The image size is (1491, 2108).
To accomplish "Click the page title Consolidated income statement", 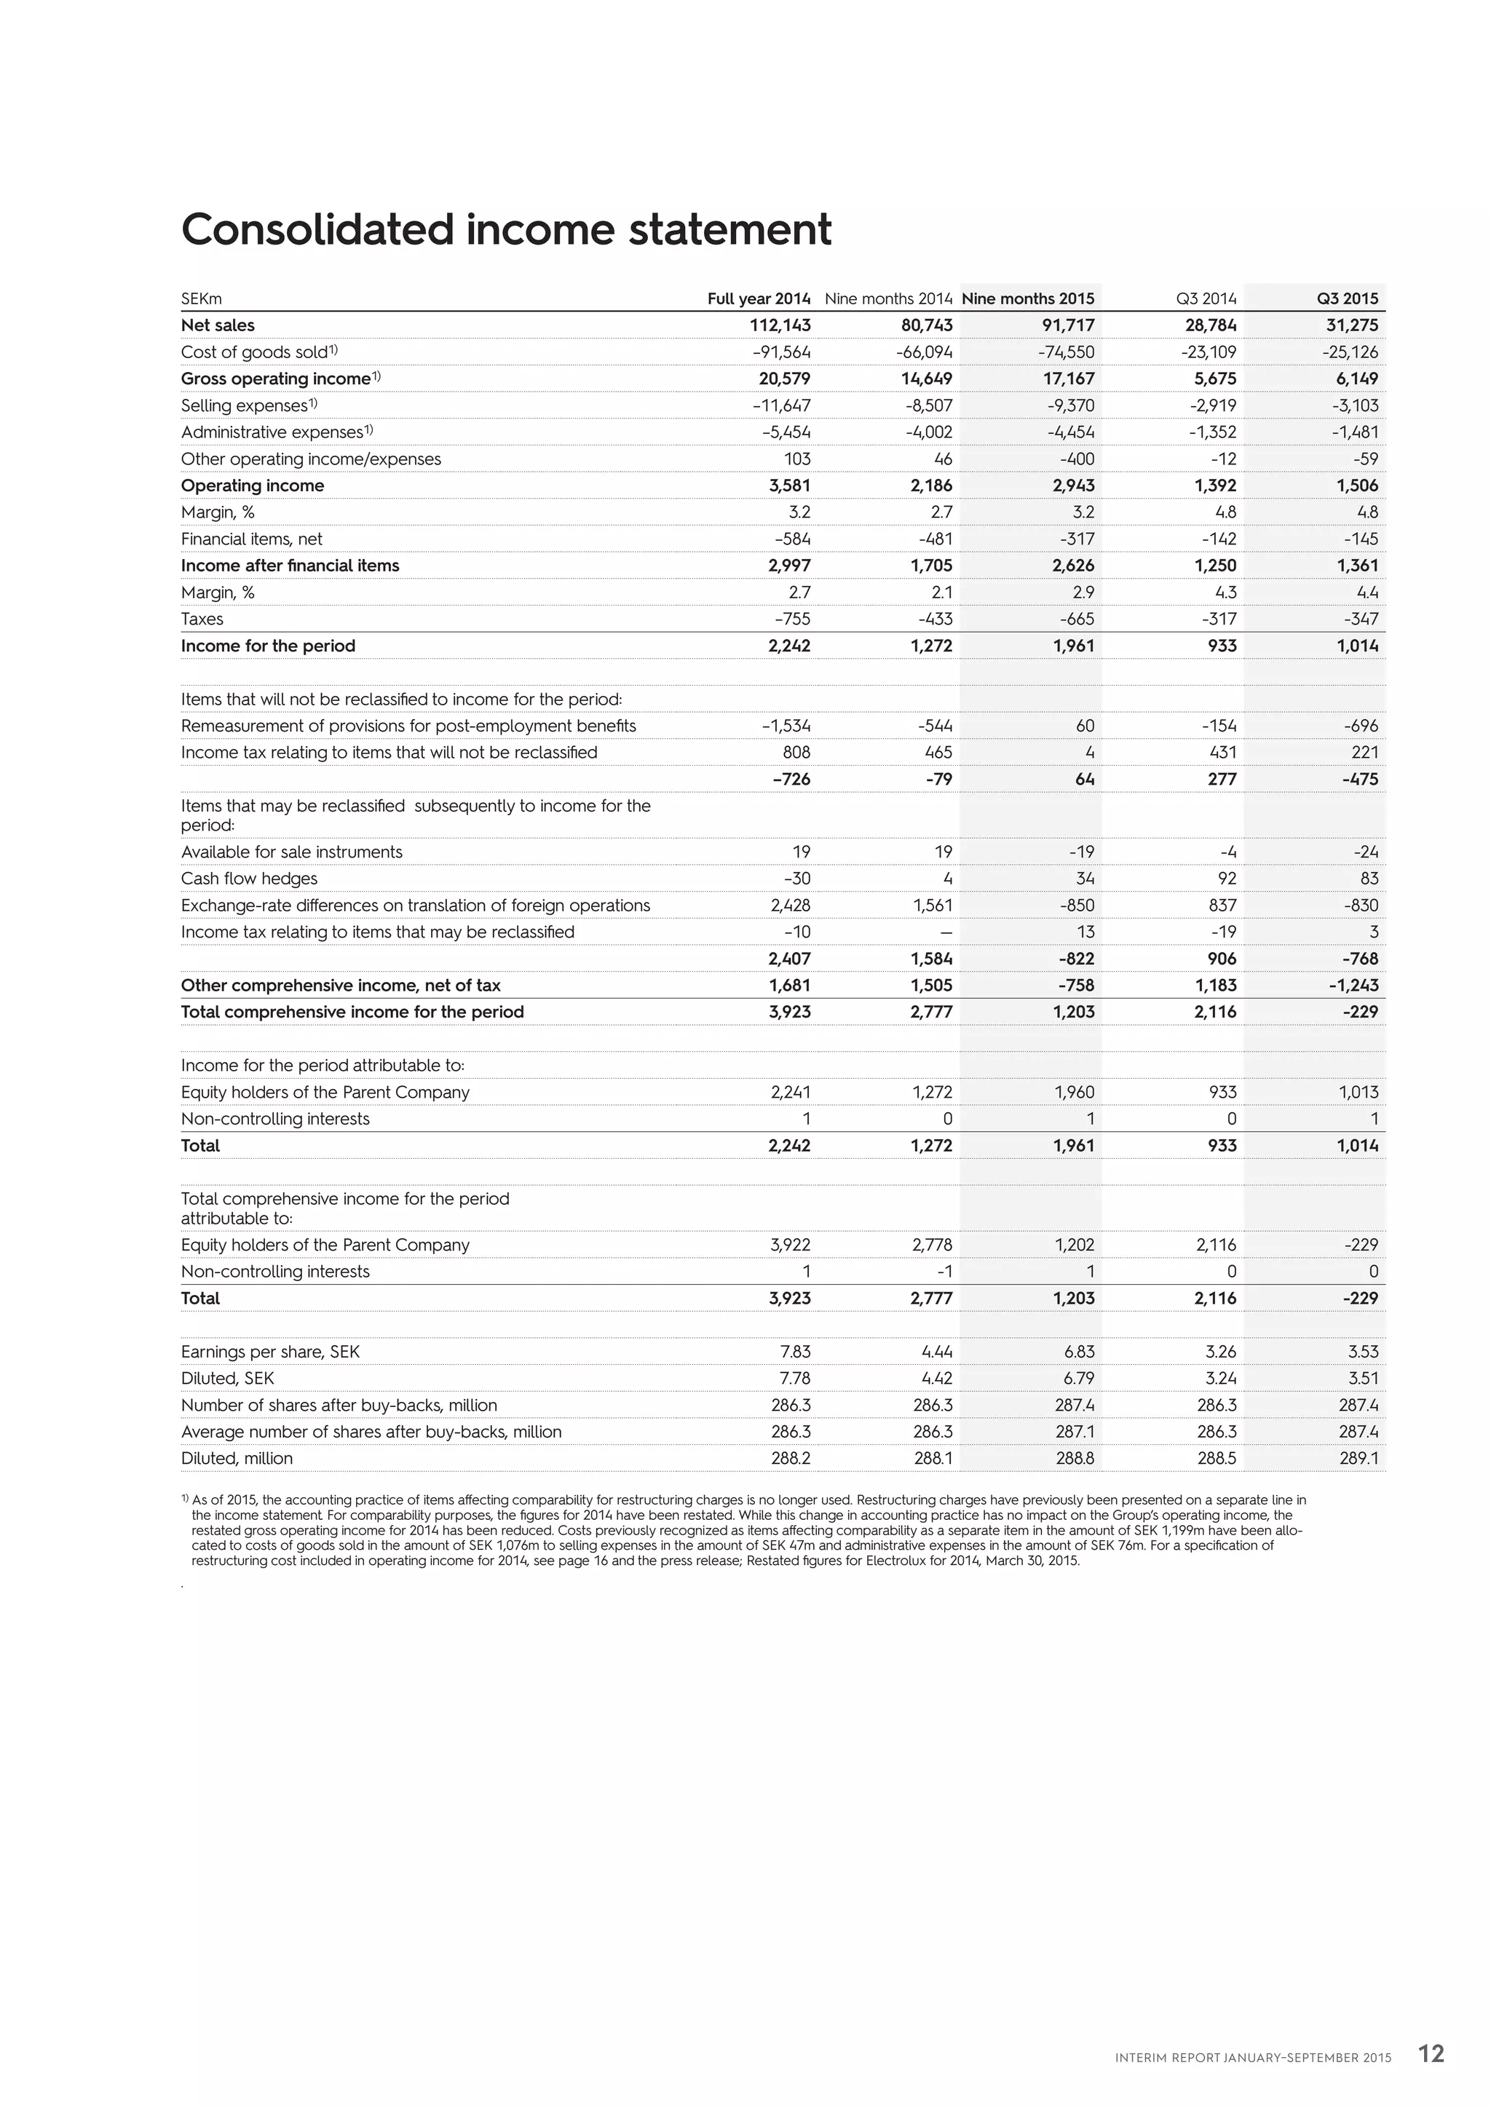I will (x=506, y=229).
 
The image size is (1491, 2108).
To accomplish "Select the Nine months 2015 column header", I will (x=1027, y=298).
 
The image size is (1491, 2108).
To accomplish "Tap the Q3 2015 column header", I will (x=1347, y=298).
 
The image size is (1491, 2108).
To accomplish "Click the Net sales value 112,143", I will (x=780, y=325).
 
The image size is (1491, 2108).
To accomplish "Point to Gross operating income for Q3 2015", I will (x=1353, y=379).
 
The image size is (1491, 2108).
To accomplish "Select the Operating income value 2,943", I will (x=1073, y=485).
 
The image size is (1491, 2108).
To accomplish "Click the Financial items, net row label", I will (x=252, y=539).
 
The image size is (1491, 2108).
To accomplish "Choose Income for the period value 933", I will (x=1222, y=646).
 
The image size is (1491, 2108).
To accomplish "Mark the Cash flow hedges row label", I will (x=249, y=879).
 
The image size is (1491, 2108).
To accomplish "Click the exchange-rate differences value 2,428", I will (x=791, y=906).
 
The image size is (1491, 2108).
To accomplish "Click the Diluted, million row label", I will (x=237, y=1458).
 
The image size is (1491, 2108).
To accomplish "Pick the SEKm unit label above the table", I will (x=201, y=299).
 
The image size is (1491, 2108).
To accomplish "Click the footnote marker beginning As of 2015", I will (x=186, y=1497).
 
